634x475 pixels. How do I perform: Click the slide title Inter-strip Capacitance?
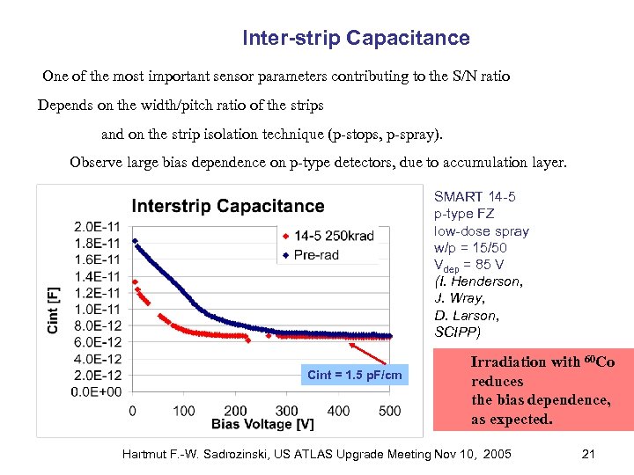(x=356, y=38)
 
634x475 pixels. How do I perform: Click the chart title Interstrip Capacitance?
(x=228, y=206)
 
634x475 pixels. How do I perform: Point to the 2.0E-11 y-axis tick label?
(x=97, y=226)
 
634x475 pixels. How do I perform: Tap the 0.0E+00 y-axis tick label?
(x=97, y=392)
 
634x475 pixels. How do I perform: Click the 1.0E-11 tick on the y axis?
(x=97, y=309)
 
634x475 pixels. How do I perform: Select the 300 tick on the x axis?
(x=287, y=411)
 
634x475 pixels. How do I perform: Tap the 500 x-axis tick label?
(x=390, y=411)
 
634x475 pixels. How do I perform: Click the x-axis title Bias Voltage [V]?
(x=262, y=425)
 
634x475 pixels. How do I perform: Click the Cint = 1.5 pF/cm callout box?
(x=355, y=376)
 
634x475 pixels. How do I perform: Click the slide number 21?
(x=589, y=454)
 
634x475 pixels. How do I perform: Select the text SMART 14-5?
(x=475, y=198)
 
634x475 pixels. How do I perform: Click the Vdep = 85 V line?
(x=468, y=265)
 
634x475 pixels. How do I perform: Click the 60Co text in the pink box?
(x=599, y=362)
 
